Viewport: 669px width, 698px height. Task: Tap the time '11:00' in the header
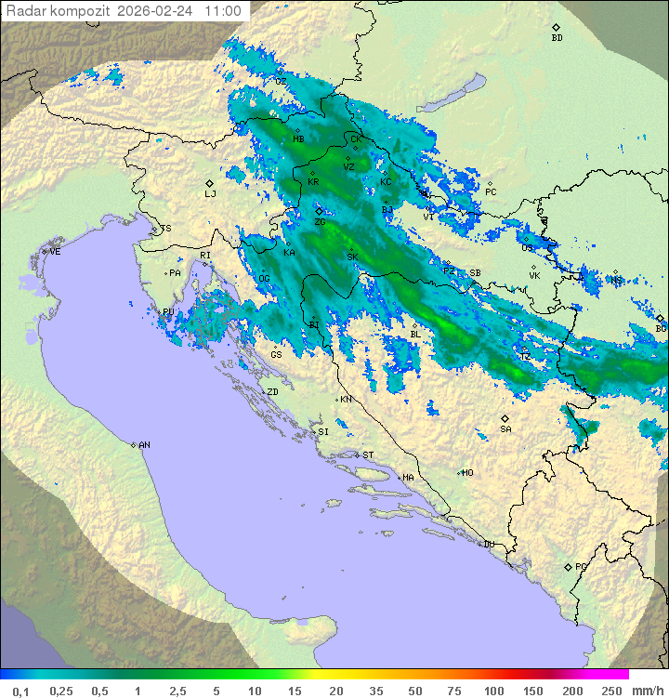pos(223,12)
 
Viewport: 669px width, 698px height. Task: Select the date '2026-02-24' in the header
pos(157,12)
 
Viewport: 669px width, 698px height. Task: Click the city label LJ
pos(210,194)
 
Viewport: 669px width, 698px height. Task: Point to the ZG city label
pos(320,222)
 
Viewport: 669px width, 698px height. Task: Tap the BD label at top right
pos(557,38)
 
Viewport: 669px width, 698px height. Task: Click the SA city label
pos(505,429)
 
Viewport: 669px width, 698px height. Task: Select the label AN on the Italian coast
pos(144,445)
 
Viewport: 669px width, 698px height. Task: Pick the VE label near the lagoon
pos(55,252)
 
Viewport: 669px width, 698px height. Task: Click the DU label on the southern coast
pos(488,545)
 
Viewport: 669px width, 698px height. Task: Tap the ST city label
pos(368,455)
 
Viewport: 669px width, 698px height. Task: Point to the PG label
pos(581,567)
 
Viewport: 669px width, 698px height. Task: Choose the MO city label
pos(467,473)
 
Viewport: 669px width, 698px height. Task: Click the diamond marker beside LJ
pos(210,183)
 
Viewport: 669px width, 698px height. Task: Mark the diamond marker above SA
pos(505,418)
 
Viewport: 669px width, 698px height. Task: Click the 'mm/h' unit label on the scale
pos(647,691)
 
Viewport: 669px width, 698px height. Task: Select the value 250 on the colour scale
pos(610,691)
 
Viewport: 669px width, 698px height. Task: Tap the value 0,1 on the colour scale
pos(20,691)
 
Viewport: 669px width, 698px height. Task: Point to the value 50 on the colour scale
pos(414,691)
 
